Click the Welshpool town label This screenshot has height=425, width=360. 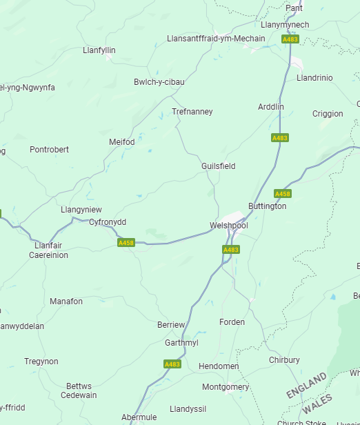(x=228, y=226)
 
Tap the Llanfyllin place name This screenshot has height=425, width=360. (x=99, y=50)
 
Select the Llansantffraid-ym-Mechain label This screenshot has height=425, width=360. (x=216, y=39)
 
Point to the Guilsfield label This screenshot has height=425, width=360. (x=218, y=166)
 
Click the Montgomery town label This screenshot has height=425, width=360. (x=226, y=387)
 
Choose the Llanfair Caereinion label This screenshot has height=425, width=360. (x=48, y=250)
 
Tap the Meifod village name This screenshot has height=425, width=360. (x=122, y=142)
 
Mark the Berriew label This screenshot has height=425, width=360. (x=171, y=325)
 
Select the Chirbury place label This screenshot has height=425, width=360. (x=284, y=360)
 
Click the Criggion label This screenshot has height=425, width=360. (x=328, y=114)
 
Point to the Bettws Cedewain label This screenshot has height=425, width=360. (x=79, y=391)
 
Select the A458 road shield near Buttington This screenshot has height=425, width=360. (x=283, y=194)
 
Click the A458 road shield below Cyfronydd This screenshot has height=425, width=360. (x=126, y=243)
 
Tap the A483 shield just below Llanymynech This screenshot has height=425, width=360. (x=290, y=40)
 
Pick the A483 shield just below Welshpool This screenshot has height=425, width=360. (x=231, y=250)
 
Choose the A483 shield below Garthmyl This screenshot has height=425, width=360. (x=172, y=364)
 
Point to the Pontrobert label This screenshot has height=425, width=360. (x=50, y=149)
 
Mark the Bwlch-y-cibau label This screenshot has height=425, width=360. (x=159, y=82)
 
